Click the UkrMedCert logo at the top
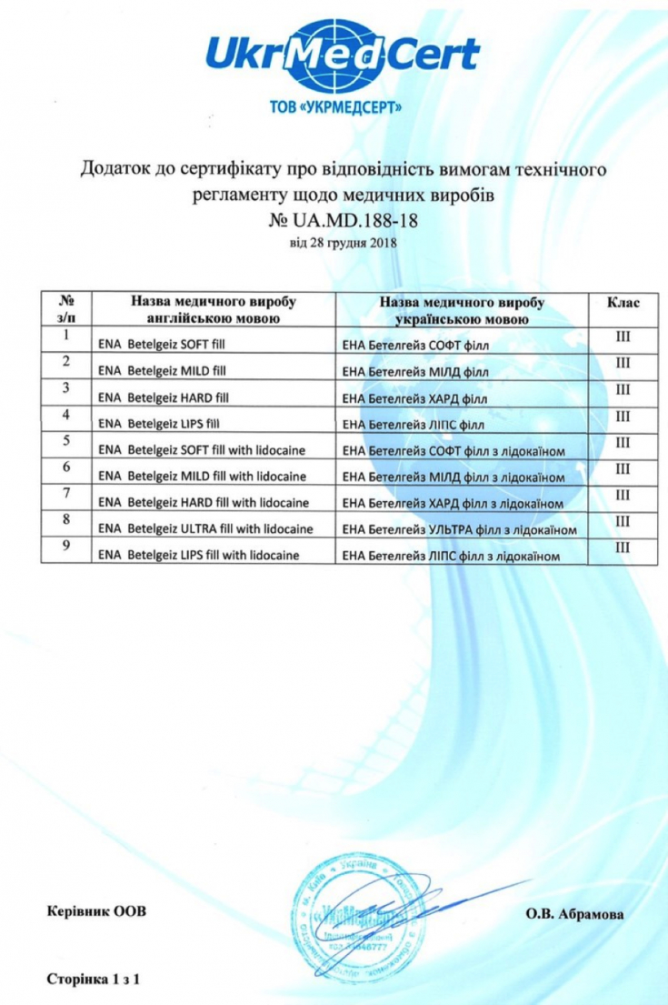(x=343, y=55)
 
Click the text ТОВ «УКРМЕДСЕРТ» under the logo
(x=343, y=107)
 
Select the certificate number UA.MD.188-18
(x=343, y=221)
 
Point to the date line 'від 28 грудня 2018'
(x=343, y=243)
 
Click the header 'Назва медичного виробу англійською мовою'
(x=213, y=309)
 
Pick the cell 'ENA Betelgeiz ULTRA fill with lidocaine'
(x=205, y=528)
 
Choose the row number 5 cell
(x=65, y=441)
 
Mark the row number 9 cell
(x=65, y=547)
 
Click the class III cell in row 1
(x=623, y=337)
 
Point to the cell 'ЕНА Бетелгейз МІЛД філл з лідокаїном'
(x=452, y=477)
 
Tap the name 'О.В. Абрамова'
(x=574, y=914)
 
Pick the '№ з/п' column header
(x=65, y=309)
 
